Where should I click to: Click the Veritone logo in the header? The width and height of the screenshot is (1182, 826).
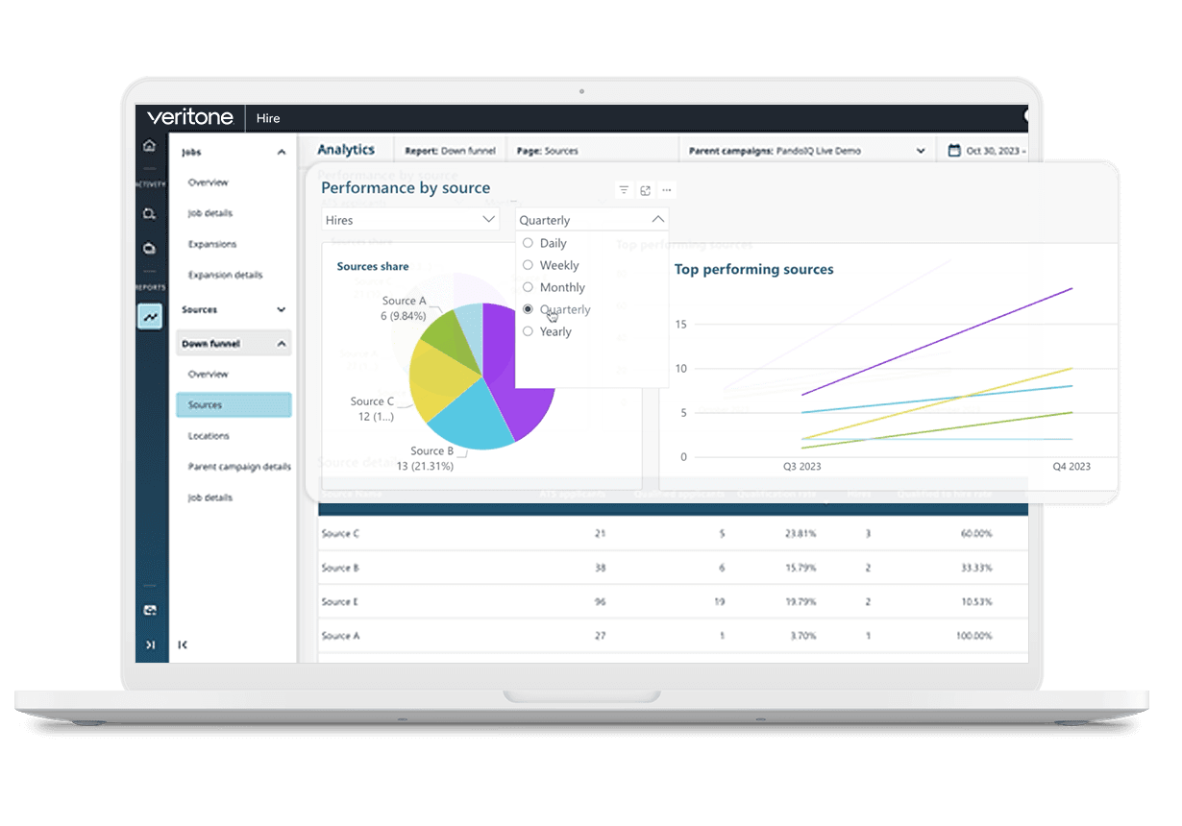(190, 117)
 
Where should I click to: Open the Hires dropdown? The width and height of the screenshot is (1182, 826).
(410, 220)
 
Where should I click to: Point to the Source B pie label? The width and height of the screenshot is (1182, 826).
(431, 451)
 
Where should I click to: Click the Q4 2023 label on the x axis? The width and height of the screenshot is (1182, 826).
(1071, 467)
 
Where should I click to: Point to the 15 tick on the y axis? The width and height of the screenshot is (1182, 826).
(681, 325)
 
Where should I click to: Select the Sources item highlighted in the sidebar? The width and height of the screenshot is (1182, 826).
(234, 405)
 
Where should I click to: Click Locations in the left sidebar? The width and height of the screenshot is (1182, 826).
(209, 436)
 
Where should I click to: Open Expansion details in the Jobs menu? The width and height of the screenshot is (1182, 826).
(225, 275)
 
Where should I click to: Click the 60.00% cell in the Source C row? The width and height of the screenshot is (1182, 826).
(975, 533)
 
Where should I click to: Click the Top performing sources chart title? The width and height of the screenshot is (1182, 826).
(753, 270)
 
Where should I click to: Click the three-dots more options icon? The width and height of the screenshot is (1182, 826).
(667, 190)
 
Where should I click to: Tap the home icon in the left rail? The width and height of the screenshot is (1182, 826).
(149, 146)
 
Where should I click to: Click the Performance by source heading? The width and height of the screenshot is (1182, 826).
(406, 188)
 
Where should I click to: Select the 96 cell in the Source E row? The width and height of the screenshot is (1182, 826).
(600, 602)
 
